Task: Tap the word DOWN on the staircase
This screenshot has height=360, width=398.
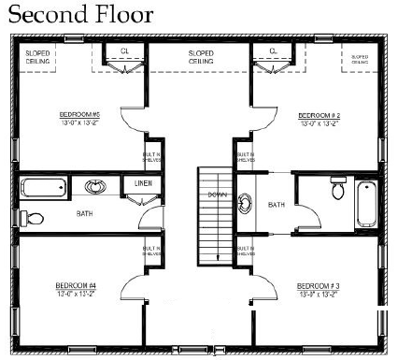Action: pyautogui.click(x=217, y=194)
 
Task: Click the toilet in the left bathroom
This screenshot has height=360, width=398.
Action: pyautogui.click(x=33, y=219)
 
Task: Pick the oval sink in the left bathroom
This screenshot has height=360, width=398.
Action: pyautogui.click(x=96, y=186)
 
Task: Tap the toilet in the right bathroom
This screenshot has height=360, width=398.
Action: pyautogui.click(x=336, y=192)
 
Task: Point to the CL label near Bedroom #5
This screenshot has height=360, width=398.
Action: pyautogui.click(x=125, y=51)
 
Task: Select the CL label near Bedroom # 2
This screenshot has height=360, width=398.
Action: pyautogui.click(x=273, y=51)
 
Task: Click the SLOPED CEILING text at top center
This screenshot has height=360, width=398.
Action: pyautogui.click(x=200, y=57)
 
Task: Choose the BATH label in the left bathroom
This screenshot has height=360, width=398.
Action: pyautogui.click(x=84, y=213)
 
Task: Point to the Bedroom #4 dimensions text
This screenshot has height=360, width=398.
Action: pyautogui.click(x=73, y=293)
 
